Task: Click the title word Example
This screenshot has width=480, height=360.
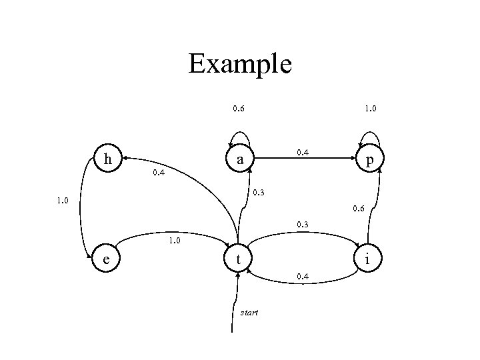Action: (x=240, y=64)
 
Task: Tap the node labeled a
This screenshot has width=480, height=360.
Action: (x=239, y=160)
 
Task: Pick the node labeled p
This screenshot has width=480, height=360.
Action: (x=369, y=160)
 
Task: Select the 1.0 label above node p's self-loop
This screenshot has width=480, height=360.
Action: (x=369, y=108)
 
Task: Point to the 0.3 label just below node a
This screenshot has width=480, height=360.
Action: (x=258, y=194)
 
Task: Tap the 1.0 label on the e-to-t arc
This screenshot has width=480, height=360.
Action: (x=175, y=240)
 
